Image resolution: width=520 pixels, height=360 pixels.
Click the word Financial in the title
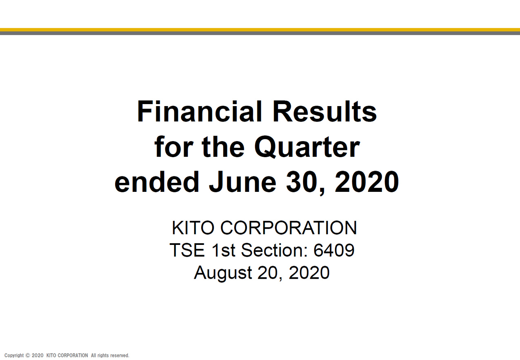point(200,111)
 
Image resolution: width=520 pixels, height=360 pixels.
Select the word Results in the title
point(325,111)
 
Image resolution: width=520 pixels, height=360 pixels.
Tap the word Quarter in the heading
point(307,147)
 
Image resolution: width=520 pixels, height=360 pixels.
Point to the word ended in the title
point(157,182)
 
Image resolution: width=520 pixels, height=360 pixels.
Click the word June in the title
point(242,182)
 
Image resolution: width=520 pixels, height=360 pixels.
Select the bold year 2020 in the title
point(367,182)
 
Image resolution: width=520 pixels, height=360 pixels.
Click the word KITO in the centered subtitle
point(193,228)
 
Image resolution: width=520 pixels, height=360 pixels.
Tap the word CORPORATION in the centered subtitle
point(289,228)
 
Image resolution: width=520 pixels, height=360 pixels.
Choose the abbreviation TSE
point(187,250)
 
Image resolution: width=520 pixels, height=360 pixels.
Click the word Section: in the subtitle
point(274,250)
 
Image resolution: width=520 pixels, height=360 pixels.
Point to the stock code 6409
point(334,250)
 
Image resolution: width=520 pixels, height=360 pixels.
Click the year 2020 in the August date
point(309,272)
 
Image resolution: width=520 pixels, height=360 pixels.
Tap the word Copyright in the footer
point(14,356)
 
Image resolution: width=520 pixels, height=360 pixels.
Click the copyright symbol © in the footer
point(28,356)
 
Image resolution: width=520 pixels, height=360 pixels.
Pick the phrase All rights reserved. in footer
point(110,356)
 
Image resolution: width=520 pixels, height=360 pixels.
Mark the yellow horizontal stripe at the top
point(260,30)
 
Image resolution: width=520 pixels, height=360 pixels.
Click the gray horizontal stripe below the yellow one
point(260,33)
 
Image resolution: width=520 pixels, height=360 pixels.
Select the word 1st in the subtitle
point(223,250)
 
